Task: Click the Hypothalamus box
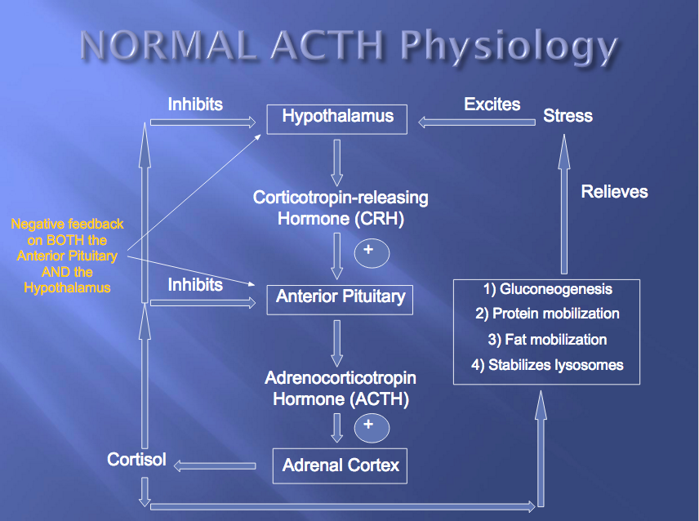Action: (x=337, y=117)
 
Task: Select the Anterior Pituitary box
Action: (x=340, y=296)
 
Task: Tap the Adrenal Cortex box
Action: (x=340, y=465)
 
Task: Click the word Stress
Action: (x=568, y=116)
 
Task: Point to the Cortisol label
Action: (x=136, y=460)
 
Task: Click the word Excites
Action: (x=492, y=105)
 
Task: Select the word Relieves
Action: (x=614, y=192)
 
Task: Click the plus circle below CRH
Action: (x=372, y=251)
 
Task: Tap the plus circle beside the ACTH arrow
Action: (x=372, y=427)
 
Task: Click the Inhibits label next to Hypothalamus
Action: (x=195, y=105)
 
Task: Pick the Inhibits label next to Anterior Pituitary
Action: (x=195, y=284)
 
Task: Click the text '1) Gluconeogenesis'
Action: (x=545, y=289)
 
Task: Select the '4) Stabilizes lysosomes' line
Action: (x=547, y=365)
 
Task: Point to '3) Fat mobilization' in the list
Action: (x=546, y=340)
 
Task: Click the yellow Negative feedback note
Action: (x=67, y=256)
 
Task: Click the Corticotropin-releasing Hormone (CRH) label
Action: (x=341, y=208)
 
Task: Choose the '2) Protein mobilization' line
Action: (x=546, y=314)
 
